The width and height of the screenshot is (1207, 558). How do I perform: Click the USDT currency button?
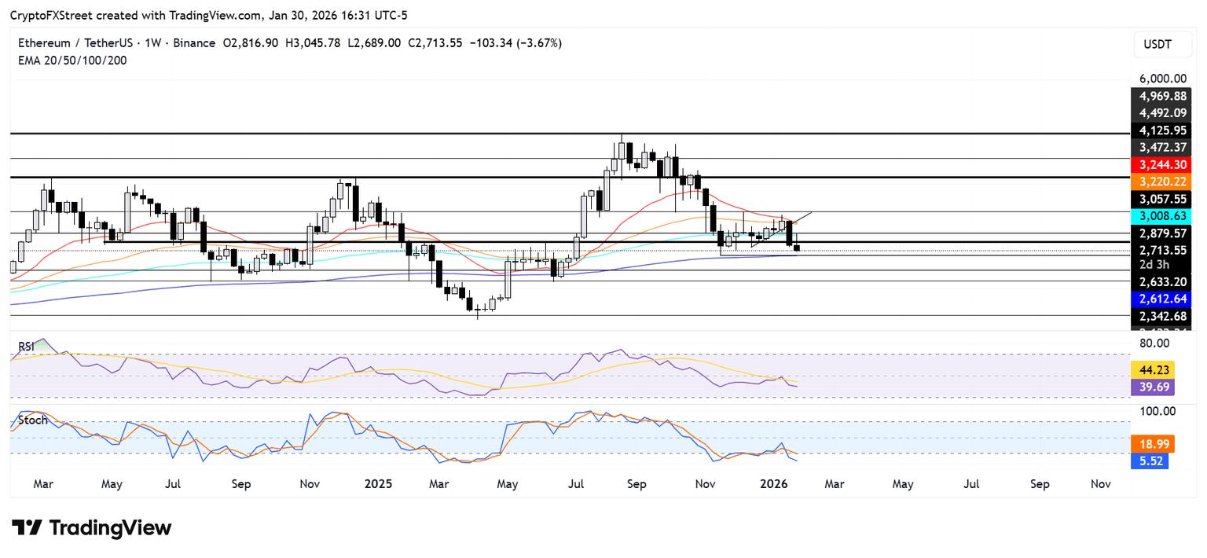(x=1157, y=45)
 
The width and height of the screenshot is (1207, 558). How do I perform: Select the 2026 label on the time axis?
(x=776, y=484)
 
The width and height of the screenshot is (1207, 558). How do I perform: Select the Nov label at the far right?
(x=1101, y=484)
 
